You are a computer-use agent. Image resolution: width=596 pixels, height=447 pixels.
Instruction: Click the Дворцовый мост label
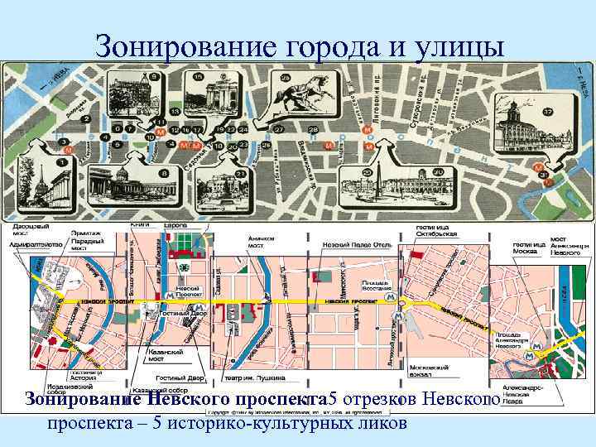[x=32, y=229]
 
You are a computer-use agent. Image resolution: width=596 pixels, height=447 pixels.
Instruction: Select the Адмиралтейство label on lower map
[x=32, y=244]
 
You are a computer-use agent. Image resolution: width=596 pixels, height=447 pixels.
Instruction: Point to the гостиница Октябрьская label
[x=436, y=230]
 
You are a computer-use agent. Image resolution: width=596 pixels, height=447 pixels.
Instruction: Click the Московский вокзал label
[x=425, y=369]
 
